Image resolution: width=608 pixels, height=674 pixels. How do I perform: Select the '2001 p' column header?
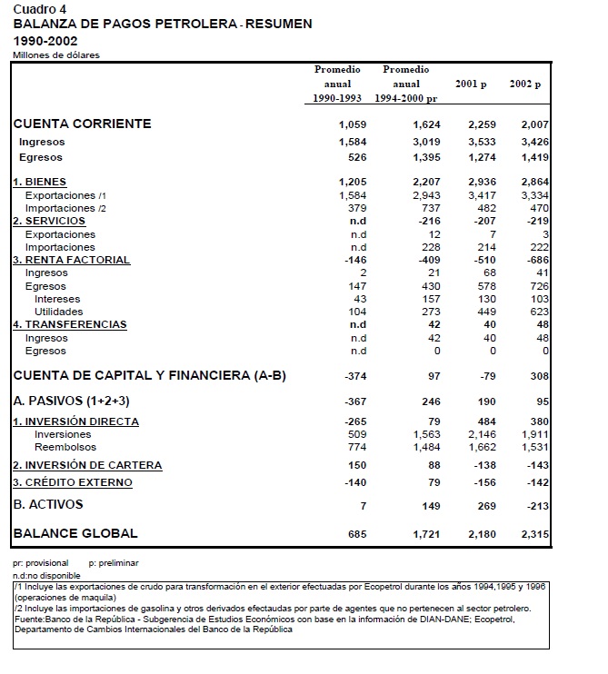click(471, 84)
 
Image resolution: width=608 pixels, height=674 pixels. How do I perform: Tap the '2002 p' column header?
click(525, 84)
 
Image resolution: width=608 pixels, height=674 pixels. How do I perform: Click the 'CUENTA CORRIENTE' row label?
click(82, 124)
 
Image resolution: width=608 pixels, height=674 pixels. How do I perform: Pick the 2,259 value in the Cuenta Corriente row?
click(481, 124)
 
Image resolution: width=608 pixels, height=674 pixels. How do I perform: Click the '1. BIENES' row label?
click(39, 183)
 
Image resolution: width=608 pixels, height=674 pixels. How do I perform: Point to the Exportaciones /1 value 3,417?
click(481, 195)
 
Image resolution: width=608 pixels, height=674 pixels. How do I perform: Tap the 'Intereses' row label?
click(57, 299)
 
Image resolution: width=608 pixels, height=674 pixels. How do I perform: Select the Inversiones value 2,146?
click(481, 435)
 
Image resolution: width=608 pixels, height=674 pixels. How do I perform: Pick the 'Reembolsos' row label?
click(65, 448)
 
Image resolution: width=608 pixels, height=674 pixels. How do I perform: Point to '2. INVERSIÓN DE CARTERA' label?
click(87, 465)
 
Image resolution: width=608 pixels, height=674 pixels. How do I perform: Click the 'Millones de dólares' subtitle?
click(56, 55)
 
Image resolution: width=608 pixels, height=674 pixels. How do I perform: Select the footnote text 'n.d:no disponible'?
click(46, 576)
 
